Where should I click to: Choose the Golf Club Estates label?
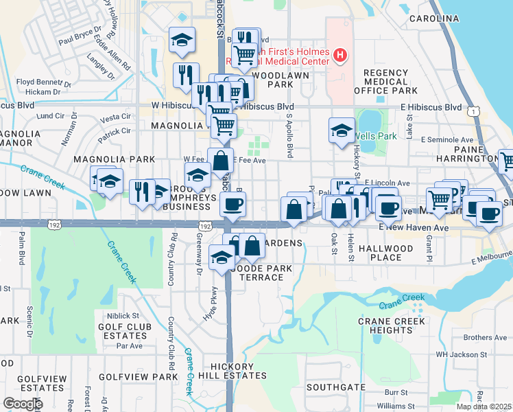[x=123, y=331]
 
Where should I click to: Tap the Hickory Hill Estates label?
[x=232, y=371]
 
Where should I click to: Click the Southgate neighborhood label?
[x=336, y=387]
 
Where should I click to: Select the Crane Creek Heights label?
[x=390, y=325]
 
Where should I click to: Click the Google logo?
[x=23, y=404]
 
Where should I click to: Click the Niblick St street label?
[x=132, y=316]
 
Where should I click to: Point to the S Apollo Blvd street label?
[x=290, y=136]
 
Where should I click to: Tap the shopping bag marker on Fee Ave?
[x=220, y=161]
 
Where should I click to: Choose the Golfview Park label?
[x=138, y=377]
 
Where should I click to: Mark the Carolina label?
[x=433, y=18]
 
